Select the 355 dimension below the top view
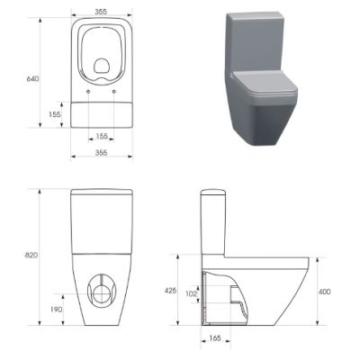pyautogui.click(x=102, y=153)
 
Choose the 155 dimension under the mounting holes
pyautogui.click(x=102, y=136)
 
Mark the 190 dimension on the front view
pyautogui.click(x=56, y=308)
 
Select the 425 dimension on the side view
pyautogui.click(x=169, y=290)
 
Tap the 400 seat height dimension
pyautogui.click(x=326, y=292)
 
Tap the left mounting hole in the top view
pyautogui.click(x=87, y=93)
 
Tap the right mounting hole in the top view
pyautogui.click(x=116, y=93)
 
